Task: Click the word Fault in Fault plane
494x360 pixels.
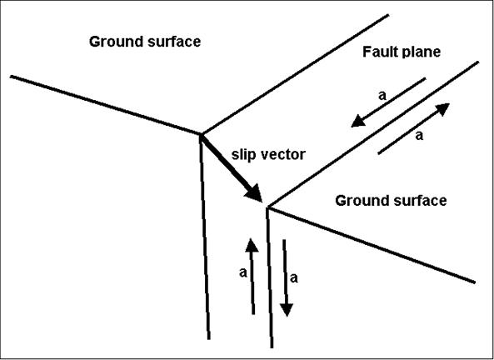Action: point(378,52)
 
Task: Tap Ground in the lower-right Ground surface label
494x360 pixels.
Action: point(358,201)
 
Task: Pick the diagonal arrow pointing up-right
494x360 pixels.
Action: point(413,128)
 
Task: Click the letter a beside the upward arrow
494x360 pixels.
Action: point(242,272)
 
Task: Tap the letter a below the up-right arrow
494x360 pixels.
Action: point(419,133)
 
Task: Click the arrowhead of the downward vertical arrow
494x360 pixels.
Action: point(286,310)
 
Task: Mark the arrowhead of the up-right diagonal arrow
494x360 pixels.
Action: point(442,108)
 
